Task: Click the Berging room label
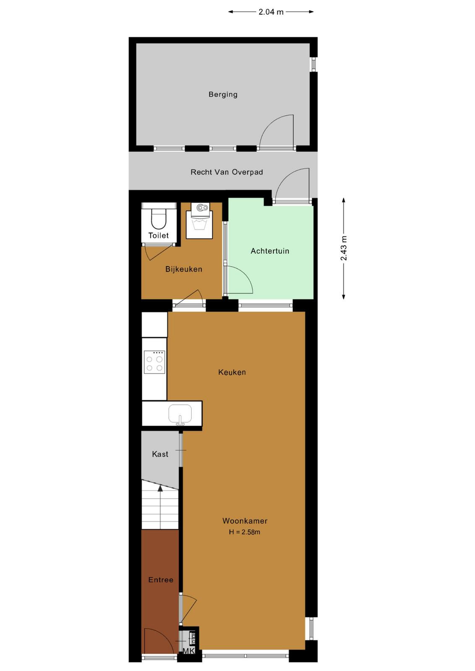pos(223,94)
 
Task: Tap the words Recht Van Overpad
pos(227,172)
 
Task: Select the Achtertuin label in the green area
pos(270,251)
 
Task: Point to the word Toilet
pos(159,235)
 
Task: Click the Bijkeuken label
pos(184,269)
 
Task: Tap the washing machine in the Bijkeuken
pos(199,221)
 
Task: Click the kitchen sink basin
pos(180,414)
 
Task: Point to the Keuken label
pos(232,372)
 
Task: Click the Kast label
pos(160,454)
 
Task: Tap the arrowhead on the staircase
pos(160,488)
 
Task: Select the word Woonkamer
pos(245,521)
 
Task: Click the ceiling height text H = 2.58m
pos(245,532)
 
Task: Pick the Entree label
pos(161,580)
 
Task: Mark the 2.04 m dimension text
pos(271,12)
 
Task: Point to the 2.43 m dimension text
pos(344,248)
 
